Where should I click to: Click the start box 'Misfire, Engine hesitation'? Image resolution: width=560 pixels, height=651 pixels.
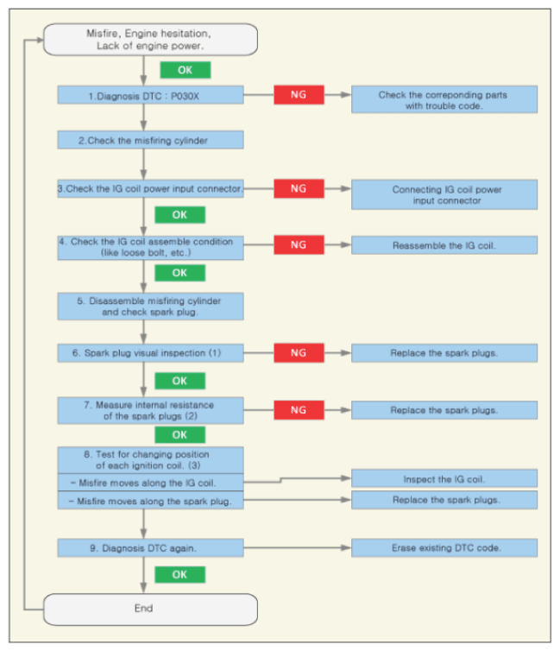(x=150, y=40)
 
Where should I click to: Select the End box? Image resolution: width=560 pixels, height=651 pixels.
(x=150, y=609)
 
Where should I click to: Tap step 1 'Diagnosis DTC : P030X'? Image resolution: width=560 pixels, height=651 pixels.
(x=150, y=95)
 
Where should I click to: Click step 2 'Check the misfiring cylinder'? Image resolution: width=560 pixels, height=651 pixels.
(x=150, y=140)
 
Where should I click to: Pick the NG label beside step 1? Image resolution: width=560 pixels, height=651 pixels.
(x=299, y=95)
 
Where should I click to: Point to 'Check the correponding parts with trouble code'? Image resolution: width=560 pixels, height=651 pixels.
(x=444, y=99)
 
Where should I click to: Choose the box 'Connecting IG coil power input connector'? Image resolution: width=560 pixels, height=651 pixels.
(x=444, y=194)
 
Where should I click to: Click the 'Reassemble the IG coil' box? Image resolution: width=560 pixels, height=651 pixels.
(x=444, y=245)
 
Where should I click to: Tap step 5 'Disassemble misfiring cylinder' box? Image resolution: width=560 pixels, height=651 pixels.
(x=150, y=307)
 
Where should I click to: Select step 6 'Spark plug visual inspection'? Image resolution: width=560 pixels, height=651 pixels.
(x=150, y=353)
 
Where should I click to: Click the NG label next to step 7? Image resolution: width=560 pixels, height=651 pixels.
(x=299, y=410)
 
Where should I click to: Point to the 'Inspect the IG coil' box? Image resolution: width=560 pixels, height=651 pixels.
(x=444, y=478)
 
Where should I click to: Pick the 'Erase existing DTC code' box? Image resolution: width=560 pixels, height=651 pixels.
(x=444, y=548)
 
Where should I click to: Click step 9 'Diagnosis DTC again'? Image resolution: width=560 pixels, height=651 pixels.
(x=150, y=548)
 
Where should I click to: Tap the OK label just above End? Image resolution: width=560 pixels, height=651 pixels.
(x=179, y=575)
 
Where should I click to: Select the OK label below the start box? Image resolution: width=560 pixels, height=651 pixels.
(x=185, y=70)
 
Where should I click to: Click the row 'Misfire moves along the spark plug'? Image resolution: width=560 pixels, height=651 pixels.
(x=150, y=500)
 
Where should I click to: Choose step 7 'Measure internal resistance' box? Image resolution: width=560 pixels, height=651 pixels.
(x=150, y=411)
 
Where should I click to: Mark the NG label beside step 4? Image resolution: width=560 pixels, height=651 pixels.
(x=299, y=245)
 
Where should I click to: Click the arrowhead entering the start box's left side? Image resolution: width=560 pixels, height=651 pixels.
(x=41, y=40)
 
